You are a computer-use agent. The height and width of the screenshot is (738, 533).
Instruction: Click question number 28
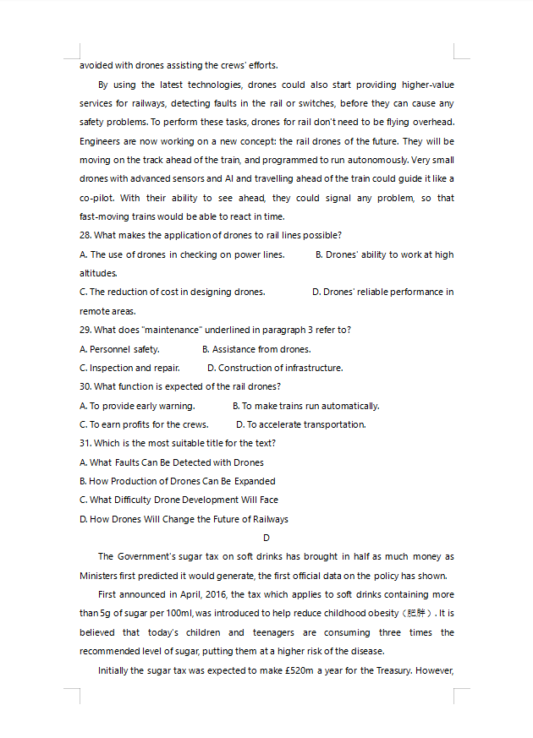click(85, 235)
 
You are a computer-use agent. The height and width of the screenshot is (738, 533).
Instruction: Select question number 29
click(85, 330)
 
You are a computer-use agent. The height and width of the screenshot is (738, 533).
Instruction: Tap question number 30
click(85, 386)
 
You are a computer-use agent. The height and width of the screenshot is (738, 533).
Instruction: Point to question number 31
click(85, 443)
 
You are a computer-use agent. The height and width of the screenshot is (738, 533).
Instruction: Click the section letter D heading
click(266, 538)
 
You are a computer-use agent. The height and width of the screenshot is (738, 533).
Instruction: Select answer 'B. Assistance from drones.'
click(256, 349)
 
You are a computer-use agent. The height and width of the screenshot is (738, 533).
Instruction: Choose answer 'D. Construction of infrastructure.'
click(275, 368)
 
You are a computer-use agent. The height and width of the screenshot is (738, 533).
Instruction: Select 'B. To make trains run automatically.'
click(305, 406)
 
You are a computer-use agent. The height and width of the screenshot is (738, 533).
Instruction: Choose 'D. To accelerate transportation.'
click(300, 424)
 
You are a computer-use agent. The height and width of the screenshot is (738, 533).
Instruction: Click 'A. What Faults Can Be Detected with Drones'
click(172, 462)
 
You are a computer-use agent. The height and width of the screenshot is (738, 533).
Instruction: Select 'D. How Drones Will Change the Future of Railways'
click(184, 519)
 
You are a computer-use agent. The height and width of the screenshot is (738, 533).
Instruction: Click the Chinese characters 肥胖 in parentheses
click(418, 614)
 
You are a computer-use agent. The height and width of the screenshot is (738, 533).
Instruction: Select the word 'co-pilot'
click(97, 198)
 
